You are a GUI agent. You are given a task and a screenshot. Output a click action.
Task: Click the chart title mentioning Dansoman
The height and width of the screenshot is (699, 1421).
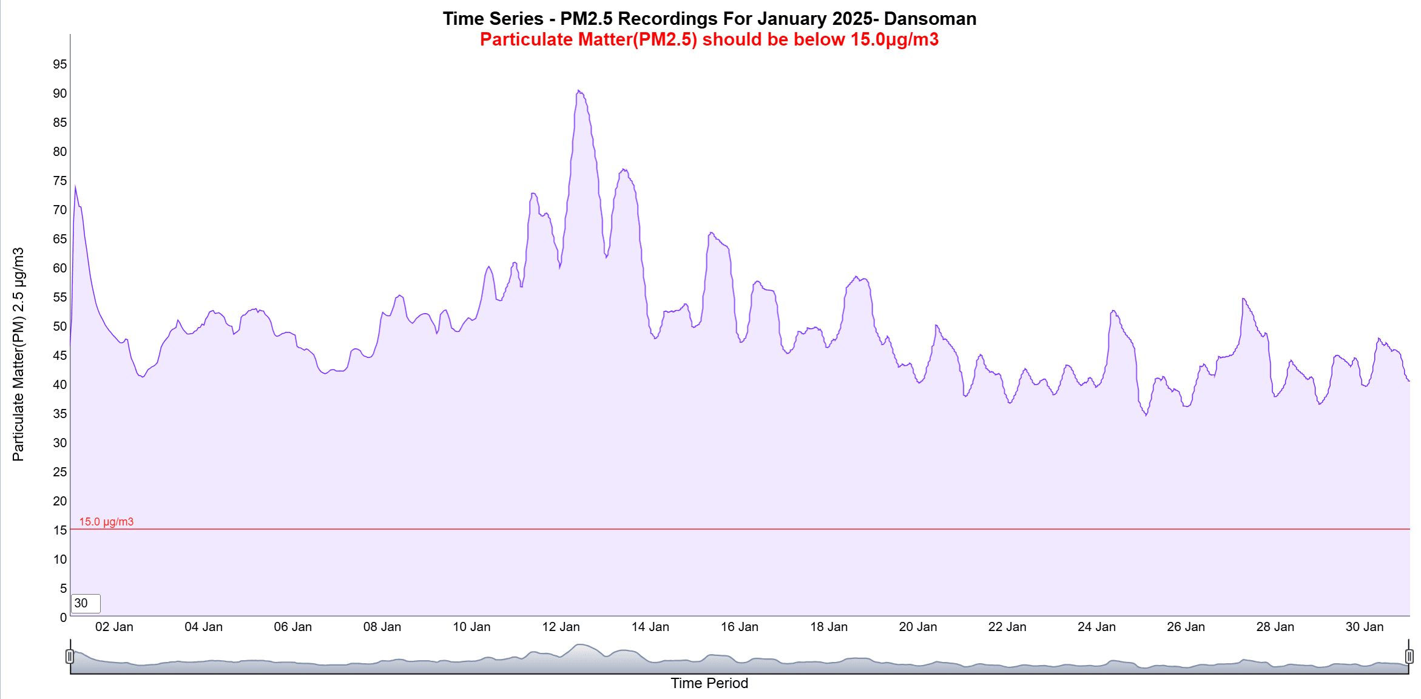[x=709, y=19]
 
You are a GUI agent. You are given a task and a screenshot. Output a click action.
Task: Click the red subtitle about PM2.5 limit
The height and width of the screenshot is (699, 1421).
[x=709, y=39]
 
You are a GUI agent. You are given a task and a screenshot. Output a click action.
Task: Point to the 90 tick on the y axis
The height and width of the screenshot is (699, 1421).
[x=59, y=93]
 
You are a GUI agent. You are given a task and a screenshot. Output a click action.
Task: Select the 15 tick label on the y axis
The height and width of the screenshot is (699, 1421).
[x=59, y=530]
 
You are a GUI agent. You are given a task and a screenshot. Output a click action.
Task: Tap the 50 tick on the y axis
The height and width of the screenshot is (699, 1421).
[x=59, y=326]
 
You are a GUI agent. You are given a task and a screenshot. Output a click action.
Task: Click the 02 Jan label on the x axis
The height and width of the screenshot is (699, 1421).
[x=114, y=627]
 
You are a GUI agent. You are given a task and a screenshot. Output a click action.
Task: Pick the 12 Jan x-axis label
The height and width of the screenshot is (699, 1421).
[x=561, y=627]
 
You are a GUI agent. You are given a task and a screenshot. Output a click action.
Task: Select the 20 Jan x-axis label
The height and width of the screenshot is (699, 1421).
[x=917, y=627]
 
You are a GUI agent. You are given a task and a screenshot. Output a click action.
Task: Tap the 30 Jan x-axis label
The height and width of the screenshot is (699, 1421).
[x=1364, y=627]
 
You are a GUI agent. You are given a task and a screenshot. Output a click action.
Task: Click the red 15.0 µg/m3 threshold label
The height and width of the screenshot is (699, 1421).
[x=106, y=522]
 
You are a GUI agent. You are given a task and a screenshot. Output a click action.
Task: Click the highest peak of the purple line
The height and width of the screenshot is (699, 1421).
[x=578, y=91]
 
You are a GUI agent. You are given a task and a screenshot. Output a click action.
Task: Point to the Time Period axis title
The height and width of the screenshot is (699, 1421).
[x=709, y=683]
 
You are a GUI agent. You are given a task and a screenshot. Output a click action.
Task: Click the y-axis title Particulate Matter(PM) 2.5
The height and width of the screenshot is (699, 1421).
[x=18, y=354]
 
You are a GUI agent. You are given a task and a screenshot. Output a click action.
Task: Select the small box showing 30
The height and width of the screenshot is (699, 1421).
[x=86, y=603]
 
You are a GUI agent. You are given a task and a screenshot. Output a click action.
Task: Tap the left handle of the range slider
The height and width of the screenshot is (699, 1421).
[x=70, y=656]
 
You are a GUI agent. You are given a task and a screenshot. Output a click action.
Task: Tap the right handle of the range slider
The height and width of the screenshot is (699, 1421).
[x=1409, y=656]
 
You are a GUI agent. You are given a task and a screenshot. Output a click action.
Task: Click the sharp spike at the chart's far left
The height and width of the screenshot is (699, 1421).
[x=75, y=186]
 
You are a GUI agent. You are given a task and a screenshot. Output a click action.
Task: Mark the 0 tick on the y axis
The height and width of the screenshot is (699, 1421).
[x=63, y=618]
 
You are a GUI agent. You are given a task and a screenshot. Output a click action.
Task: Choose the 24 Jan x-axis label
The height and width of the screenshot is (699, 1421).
[x=1096, y=627]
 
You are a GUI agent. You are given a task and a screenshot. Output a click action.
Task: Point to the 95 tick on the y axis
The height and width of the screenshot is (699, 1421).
[x=59, y=64]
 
